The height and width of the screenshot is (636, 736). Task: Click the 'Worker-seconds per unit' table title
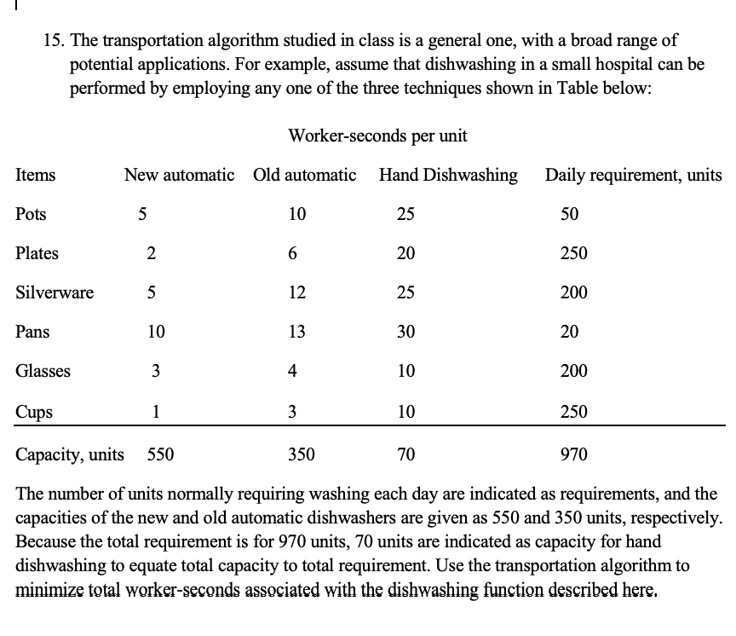377,136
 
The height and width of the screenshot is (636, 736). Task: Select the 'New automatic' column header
179,175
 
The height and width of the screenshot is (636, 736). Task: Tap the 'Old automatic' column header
305,175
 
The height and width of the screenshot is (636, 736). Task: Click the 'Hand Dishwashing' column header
448,175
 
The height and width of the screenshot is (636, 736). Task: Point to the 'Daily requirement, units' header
633,175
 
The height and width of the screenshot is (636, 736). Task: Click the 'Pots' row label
32,213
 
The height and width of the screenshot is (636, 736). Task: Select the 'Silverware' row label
55,292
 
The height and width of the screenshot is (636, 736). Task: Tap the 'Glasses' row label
43,371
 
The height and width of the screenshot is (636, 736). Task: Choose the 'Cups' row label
34,413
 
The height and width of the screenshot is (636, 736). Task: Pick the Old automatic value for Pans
297,332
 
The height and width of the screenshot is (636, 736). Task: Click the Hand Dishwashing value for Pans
406,332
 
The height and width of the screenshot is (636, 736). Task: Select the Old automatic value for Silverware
297,292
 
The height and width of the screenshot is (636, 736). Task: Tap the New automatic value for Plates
151,253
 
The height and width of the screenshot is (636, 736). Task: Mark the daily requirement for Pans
569,332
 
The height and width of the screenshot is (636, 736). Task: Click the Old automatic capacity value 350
301,454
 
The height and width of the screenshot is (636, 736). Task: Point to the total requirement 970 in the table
573,454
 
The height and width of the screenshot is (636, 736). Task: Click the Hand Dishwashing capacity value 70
406,454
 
